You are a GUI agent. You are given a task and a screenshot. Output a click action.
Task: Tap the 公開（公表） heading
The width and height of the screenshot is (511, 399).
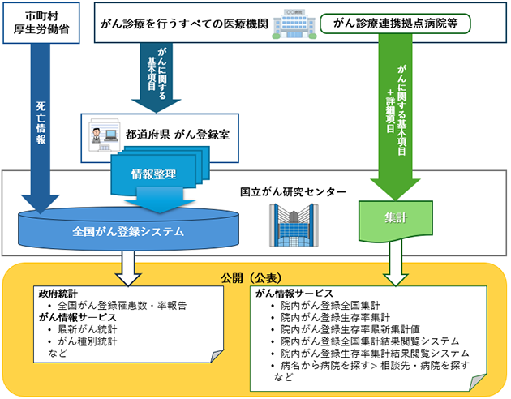(255, 276)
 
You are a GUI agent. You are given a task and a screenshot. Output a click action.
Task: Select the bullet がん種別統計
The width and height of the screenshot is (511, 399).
(89, 342)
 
